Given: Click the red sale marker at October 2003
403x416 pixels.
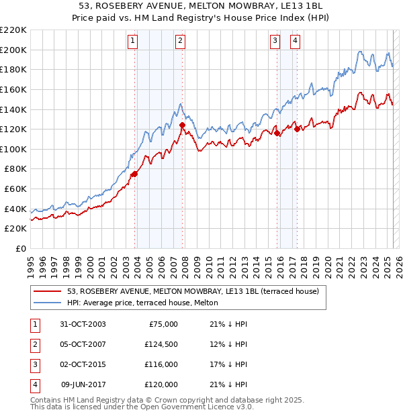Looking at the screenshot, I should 134,174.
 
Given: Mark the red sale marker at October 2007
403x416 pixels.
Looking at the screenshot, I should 182,124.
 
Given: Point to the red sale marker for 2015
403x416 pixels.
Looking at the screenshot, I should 277,133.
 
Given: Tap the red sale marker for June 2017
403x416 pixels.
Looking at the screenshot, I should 297,129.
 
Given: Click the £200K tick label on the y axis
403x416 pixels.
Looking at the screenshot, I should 14,50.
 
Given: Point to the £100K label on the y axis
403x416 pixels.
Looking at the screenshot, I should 14,149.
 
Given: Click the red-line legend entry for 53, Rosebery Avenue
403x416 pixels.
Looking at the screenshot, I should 187,291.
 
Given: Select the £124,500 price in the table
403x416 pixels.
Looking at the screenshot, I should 161,344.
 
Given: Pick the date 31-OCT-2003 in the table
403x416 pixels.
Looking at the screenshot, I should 83,324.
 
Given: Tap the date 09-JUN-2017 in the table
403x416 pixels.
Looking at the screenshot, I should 83,384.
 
